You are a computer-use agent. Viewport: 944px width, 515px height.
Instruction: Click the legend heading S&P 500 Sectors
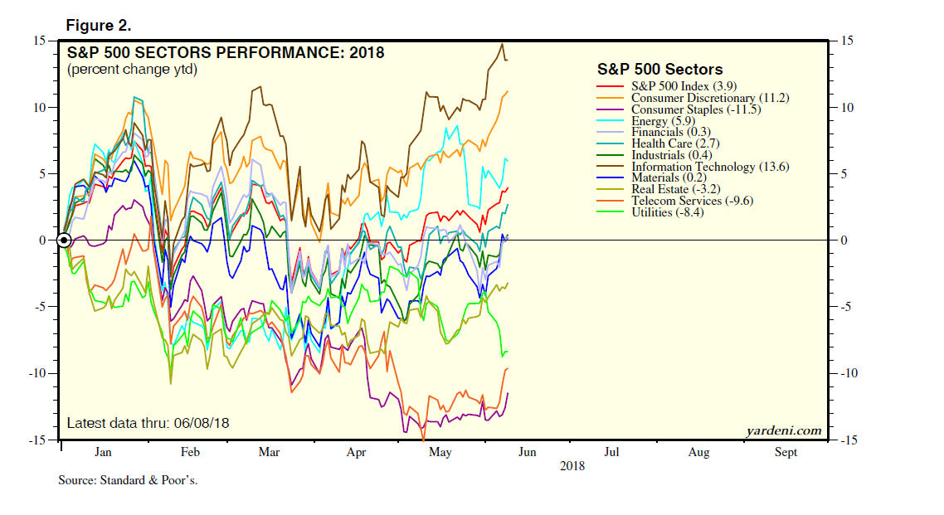[659, 70]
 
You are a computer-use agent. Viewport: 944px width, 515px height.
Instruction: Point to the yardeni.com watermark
[783, 430]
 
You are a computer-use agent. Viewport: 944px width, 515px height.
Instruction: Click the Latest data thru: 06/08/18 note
[148, 423]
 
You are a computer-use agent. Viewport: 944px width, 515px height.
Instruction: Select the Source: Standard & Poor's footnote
[128, 480]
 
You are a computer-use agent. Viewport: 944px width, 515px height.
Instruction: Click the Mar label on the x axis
[269, 452]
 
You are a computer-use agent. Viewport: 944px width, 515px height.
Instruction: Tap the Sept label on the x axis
[786, 452]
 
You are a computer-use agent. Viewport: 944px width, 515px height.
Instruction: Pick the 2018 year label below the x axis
[572, 466]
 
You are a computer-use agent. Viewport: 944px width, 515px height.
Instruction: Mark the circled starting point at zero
[63, 240]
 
